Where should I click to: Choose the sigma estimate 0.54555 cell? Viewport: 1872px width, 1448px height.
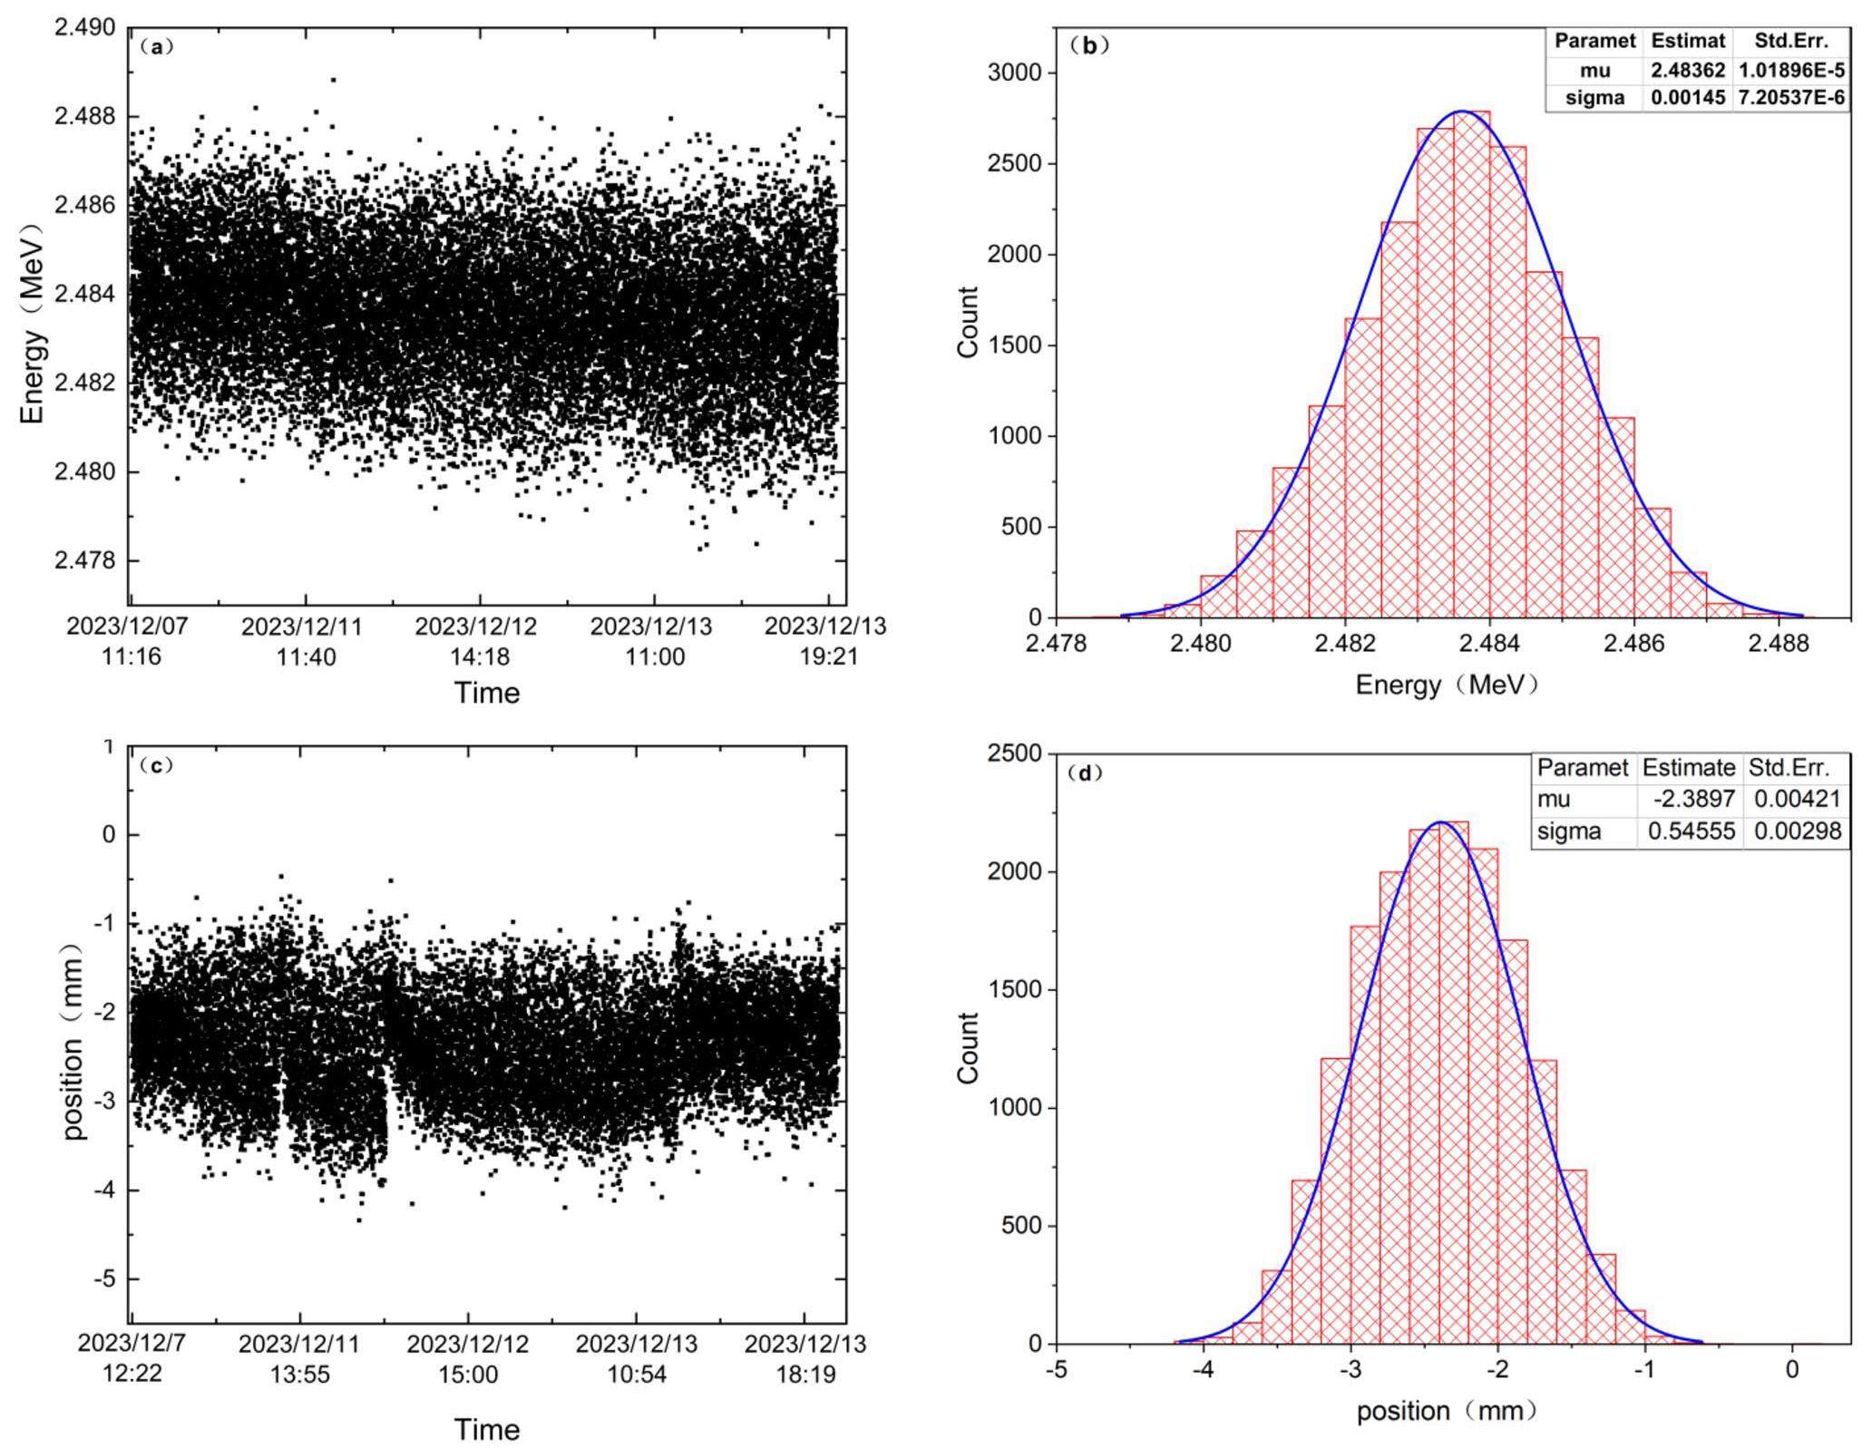(1691, 831)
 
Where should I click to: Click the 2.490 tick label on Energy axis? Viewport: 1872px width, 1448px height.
(85, 28)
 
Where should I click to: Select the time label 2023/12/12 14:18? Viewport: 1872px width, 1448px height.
(476, 640)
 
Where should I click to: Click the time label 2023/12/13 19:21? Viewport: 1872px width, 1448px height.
(825, 640)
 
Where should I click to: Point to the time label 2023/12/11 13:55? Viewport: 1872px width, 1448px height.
(299, 1358)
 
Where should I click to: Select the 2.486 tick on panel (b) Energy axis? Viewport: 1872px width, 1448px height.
(1634, 643)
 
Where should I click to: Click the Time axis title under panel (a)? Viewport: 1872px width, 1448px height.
(487, 693)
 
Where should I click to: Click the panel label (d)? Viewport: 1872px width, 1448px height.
(1085, 773)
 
